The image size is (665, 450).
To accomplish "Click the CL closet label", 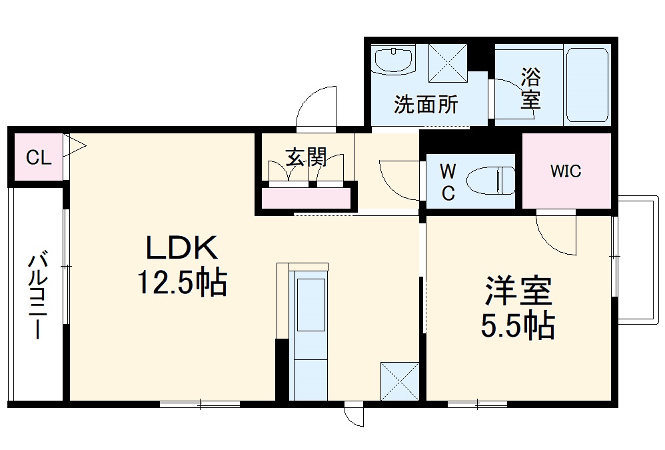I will pyautogui.click(x=38, y=158).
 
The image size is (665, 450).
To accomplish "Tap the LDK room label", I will pyautogui.click(x=182, y=249).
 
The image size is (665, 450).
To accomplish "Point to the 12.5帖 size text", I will pyautogui.click(x=182, y=283).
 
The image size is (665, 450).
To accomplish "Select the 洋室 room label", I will pyautogui.click(x=518, y=291).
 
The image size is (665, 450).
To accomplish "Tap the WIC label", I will pyautogui.click(x=565, y=171).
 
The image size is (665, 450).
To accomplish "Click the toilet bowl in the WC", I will pyautogui.click(x=491, y=181).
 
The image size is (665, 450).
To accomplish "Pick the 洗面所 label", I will pyautogui.click(x=426, y=105).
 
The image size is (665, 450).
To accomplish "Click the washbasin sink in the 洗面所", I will pyautogui.click(x=393, y=59).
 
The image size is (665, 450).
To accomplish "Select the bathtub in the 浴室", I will pyautogui.click(x=586, y=84).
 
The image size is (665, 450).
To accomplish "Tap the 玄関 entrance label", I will pyautogui.click(x=306, y=157).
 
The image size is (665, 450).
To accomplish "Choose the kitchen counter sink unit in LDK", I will pyautogui.click(x=310, y=333).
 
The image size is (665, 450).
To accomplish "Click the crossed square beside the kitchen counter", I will pyautogui.click(x=399, y=381).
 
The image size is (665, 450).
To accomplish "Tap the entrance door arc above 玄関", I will pyautogui.click(x=317, y=107).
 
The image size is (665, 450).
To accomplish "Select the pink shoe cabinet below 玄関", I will pyautogui.click(x=306, y=198).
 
